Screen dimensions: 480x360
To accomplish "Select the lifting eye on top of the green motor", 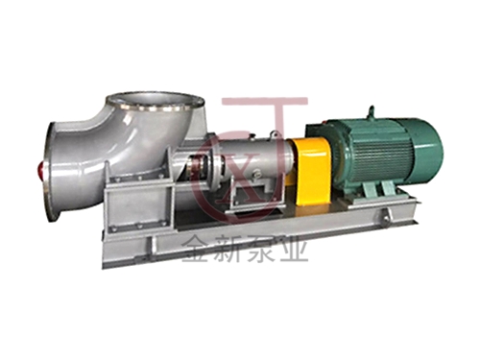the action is tap(372, 112).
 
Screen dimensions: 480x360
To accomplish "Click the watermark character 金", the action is tap(196, 250).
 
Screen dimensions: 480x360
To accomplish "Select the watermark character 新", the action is tap(228, 250).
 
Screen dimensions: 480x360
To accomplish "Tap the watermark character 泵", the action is tap(260, 250).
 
